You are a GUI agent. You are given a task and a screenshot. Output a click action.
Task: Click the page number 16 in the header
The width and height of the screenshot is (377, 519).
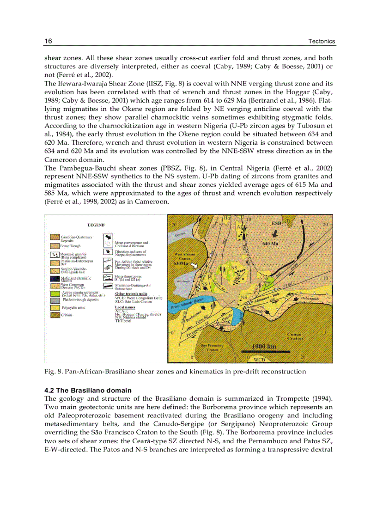click(48, 42)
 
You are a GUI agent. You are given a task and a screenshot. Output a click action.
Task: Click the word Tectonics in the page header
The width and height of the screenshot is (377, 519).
click(322, 42)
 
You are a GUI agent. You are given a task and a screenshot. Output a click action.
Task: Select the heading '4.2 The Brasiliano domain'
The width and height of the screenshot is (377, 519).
click(88, 391)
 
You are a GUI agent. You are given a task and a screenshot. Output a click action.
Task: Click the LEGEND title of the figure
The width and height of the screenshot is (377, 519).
click(96, 225)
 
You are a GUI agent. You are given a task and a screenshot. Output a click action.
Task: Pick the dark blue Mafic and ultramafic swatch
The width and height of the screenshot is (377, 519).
click(55, 279)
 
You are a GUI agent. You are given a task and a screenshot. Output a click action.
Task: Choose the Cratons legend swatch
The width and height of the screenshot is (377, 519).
click(55, 315)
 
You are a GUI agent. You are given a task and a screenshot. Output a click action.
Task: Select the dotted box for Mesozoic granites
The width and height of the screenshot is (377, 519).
click(55, 254)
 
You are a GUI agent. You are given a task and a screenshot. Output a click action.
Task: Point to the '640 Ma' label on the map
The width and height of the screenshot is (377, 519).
click(270, 244)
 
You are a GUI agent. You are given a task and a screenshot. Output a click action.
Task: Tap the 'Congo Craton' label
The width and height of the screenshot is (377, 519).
click(294, 336)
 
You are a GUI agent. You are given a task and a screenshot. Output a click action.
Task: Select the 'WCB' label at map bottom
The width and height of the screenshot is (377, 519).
click(259, 359)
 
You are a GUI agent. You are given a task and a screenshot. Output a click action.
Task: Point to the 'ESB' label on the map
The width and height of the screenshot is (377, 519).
click(276, 223)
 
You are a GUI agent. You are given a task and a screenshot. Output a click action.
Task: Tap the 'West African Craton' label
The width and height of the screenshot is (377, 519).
click(184, 256)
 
